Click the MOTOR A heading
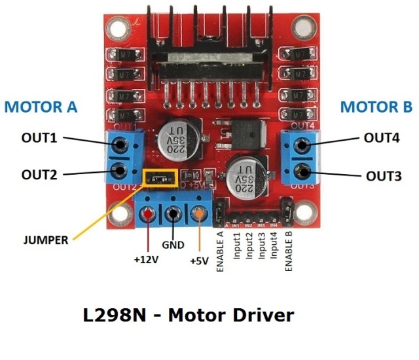(x=41, y=106)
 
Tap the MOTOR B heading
(x=377, y=107)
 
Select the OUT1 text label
(x=39, y=139)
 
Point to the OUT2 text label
(x=39, y=175)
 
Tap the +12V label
(x=147, y=259)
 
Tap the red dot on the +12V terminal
(x=149, y=214)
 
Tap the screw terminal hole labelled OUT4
(x=301, y=143)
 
